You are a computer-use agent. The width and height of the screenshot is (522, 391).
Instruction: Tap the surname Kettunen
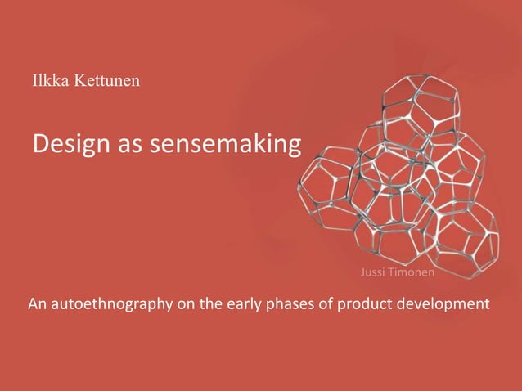104,82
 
